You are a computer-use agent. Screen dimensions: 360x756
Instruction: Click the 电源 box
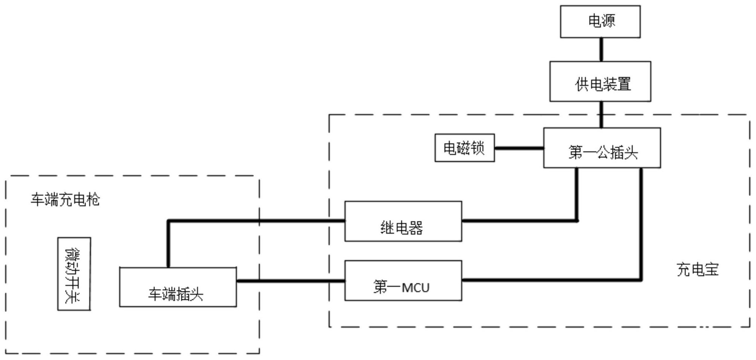(x=600, y=21)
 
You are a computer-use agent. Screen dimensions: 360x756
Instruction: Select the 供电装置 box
(x=600, y=81)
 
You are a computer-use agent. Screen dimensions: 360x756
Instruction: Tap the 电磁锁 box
(x=464, y=148)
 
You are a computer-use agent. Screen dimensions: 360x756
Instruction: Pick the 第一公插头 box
(x=602, y=148)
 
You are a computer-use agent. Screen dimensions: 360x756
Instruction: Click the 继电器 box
(x=403, y=221)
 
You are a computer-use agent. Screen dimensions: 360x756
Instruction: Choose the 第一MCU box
(x=403, y=280)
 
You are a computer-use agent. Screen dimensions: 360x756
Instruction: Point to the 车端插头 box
(x=178, y=287)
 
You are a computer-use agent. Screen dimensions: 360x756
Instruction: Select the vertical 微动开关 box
(x=74, y=274)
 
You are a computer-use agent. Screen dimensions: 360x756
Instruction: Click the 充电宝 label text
(x=698, y=270)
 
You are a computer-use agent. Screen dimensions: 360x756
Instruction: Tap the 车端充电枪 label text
(x=65, y=199)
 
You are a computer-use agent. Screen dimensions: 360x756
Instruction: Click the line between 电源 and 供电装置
(x=601, y=49)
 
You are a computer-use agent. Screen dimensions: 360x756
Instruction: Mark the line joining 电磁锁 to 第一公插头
(x=519, y=148)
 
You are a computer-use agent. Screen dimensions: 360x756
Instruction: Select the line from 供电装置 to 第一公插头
(x=601, y=115)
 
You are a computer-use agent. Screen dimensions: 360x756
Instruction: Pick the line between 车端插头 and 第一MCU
(x=291, y=281)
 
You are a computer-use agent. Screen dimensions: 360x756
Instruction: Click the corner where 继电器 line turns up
(x=577, y=221)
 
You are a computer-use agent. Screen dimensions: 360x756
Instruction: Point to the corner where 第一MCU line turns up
(x=641, y=280)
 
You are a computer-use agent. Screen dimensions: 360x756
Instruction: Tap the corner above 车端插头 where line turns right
(x=168, y=221)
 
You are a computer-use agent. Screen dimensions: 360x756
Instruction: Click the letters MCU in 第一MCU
(x=416, y=288)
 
